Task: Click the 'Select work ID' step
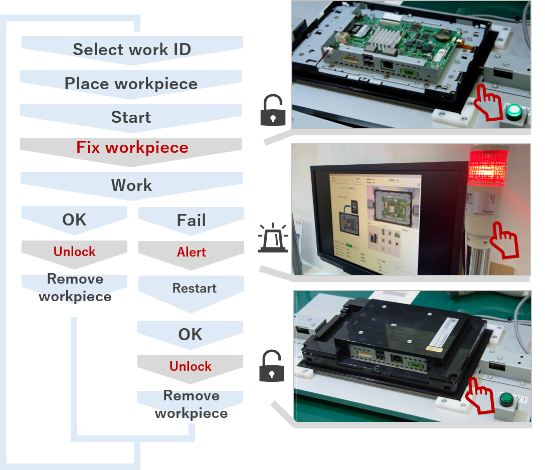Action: click(x=132, y=50)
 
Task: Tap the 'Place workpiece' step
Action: click(x=131, y=84)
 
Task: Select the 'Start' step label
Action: click(x=131, y=117)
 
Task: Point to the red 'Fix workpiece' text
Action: click(x=132, y=148)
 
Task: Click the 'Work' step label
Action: click(x=131, y=185)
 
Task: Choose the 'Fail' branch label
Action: click(x=191, y=220)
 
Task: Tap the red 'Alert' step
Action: click(x=191, y=252)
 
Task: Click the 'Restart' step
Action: click(x=194, y=289)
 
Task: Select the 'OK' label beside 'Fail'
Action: click(x=74, y=219)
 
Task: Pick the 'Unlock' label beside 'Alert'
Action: click(x=74, y=252)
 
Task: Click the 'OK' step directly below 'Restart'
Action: click(x=190, y=334)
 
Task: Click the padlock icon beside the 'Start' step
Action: click(x=273, y=111)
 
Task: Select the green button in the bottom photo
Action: click(x=506, y=399)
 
